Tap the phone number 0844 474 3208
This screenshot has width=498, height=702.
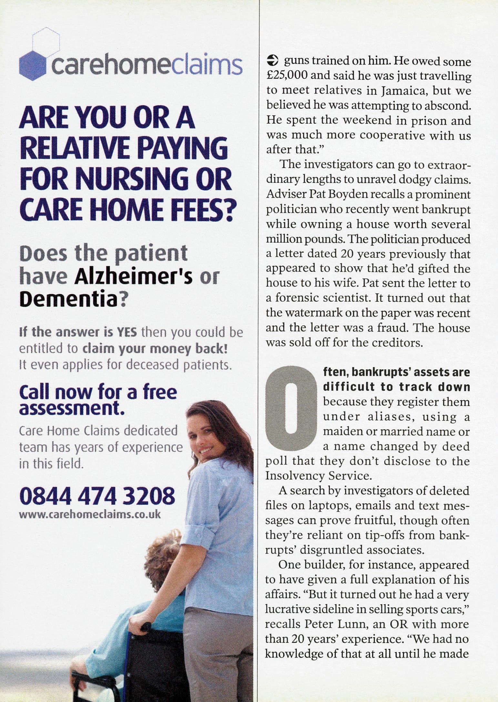(x=97, y=496)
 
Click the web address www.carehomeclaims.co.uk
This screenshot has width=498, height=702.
(x=90, y=514)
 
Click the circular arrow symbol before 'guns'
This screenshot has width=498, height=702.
(x=273, y=60)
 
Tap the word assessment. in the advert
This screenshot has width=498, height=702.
(x=72, y=409)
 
